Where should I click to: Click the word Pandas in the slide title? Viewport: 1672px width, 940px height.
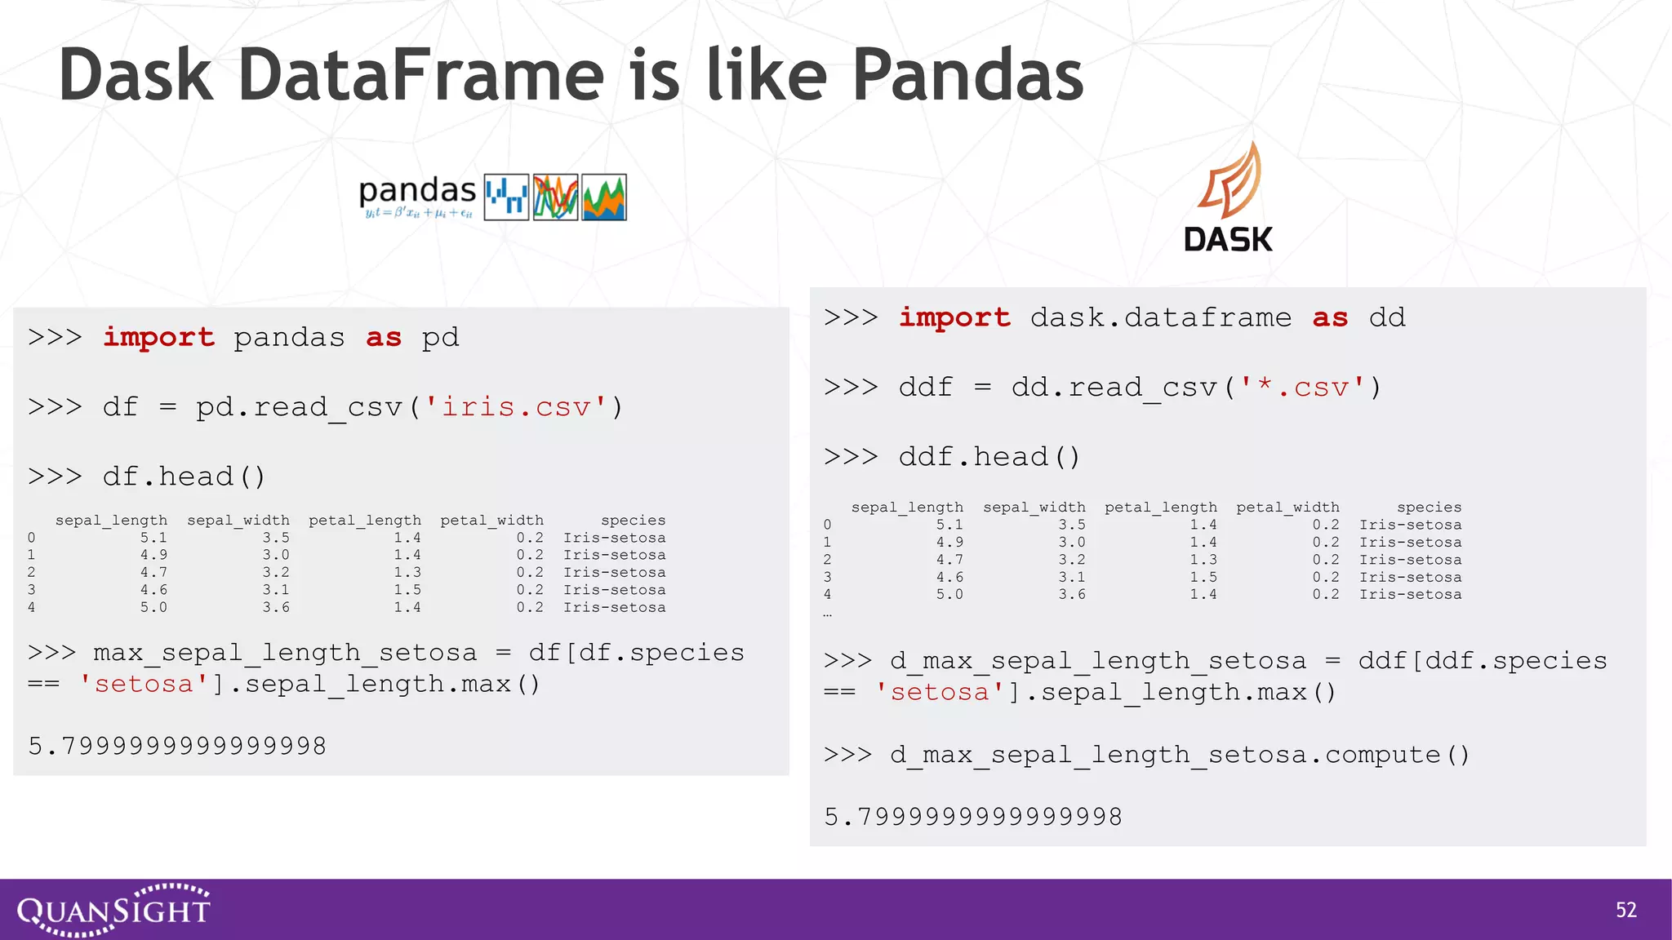pos(967,75)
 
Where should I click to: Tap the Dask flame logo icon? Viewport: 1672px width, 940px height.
pos(1229,181)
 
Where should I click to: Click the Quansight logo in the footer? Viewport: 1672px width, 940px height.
pos(113,909)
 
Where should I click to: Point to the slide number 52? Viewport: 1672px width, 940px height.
pos(1625,910)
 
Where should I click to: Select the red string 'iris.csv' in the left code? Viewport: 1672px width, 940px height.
pos(516,406)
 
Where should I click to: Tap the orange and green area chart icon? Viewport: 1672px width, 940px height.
pos(603,197)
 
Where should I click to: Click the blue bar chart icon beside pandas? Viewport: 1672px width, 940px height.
pos(506,197)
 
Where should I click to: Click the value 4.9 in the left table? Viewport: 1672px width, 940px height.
pos(153,555)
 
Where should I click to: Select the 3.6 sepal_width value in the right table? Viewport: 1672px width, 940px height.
pos(1072,594)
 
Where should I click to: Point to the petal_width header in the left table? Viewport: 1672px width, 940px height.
pos(491,520)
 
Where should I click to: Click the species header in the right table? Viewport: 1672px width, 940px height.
pos(1429,507)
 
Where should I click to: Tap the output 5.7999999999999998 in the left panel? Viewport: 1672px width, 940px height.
pos(177,746)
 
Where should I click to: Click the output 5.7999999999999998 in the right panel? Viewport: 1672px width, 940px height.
pos(973,816)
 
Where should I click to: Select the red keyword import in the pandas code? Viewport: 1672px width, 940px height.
pos(158,337)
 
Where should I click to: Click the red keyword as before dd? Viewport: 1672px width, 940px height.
pos(1330,317)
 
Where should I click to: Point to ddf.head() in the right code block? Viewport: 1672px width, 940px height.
pos(989,456)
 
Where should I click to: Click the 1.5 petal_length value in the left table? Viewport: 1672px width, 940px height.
pos(407,589)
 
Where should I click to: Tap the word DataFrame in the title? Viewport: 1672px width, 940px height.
pos(421,75)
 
